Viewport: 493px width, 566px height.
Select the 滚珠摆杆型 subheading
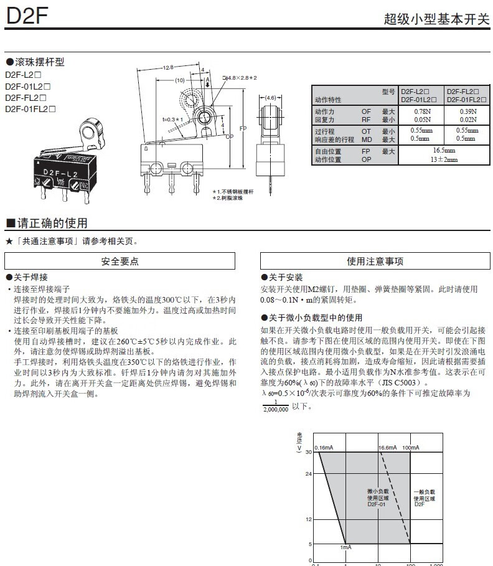38,62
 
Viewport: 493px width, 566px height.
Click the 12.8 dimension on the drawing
167,67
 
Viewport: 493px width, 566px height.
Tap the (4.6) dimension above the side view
270,98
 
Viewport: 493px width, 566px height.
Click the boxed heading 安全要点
120,262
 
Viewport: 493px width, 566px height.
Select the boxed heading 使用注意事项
375,262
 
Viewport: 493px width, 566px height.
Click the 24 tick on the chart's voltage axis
308,474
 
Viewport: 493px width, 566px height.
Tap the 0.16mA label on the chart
324,448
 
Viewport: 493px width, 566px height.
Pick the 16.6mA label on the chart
387,448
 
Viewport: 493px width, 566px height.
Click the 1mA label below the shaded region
346,547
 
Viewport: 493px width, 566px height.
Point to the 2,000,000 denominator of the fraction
276,410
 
